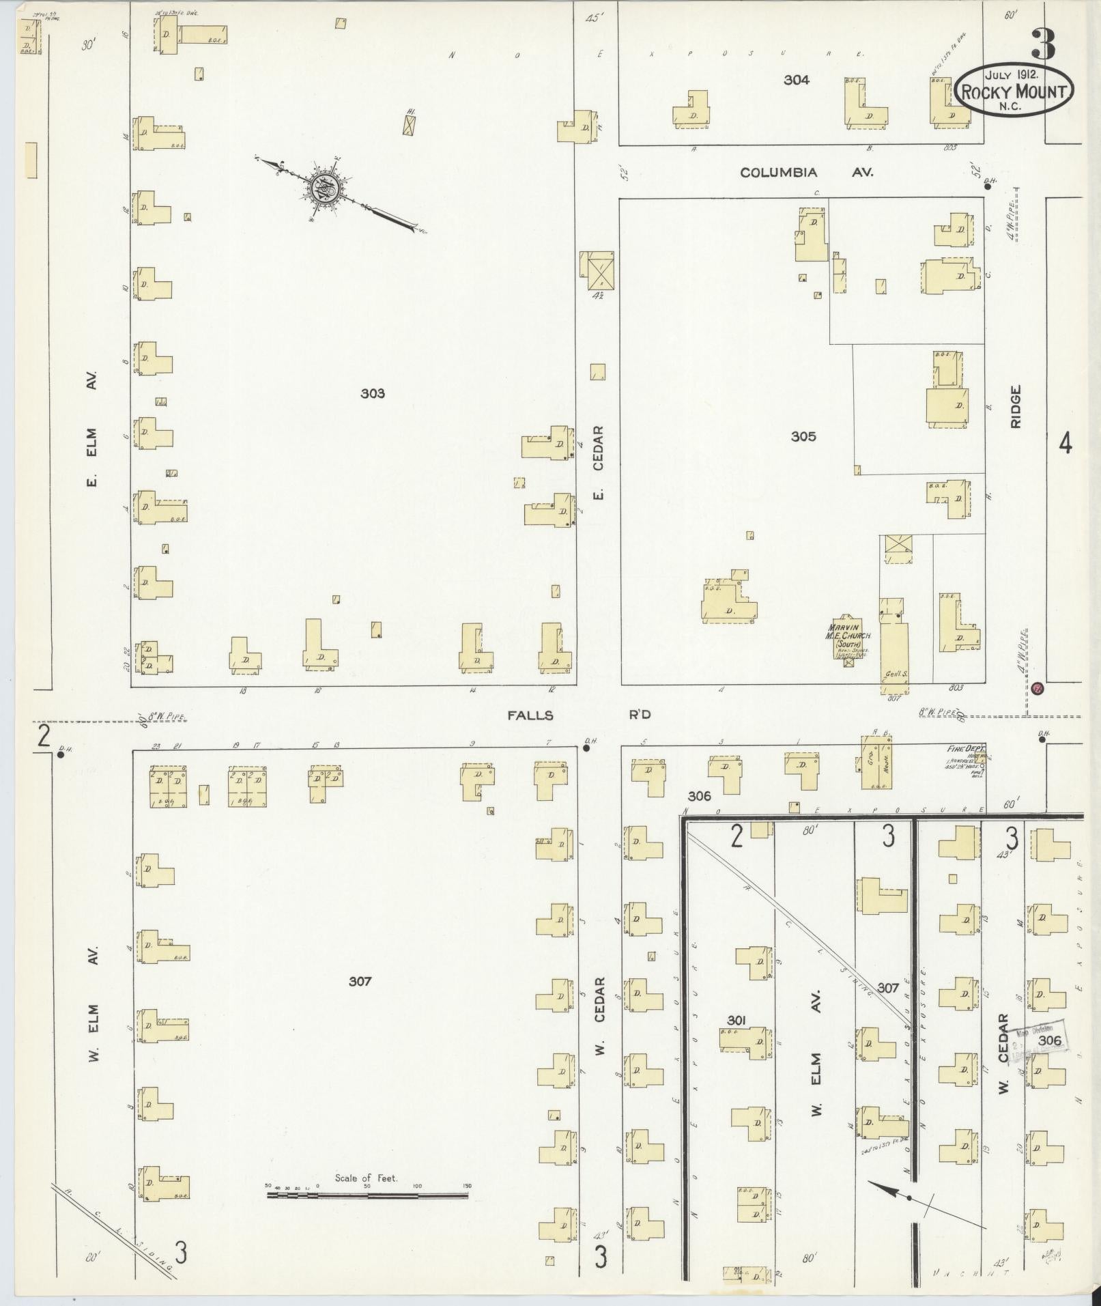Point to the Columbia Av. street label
point(806,173)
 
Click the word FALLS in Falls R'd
point(530,715)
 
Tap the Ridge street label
point(1015,407)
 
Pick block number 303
point(373,393)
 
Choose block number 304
point(796,80)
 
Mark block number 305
point(803,436)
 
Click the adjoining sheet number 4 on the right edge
point(1065,444)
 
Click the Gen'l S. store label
point(895,675)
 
